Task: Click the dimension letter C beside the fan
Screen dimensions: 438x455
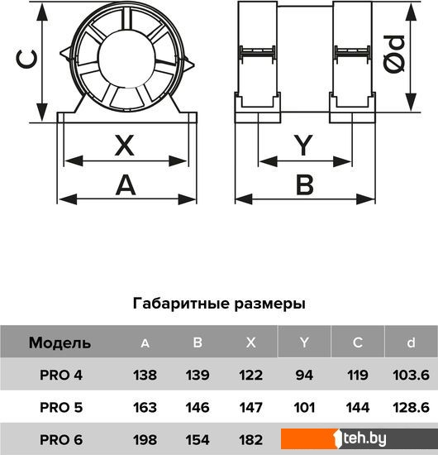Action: (x=26, y=60)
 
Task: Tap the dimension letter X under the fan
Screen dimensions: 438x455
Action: (x=125, y=145)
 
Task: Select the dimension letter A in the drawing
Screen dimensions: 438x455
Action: (x=126, y=184)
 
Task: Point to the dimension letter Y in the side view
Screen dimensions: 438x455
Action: (x=303, y=145)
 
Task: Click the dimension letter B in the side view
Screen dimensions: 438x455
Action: (x=305, y=184)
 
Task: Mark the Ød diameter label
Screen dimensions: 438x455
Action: (x=394, y=54)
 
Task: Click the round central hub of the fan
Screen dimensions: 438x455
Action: (x=126, y=58)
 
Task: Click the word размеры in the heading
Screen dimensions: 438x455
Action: (x=269, y=304)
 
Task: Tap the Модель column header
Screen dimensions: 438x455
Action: (x=60, y=343)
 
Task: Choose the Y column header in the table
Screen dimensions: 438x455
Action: (x=304, y=342)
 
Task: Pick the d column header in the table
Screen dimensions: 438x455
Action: (x=411, y=342)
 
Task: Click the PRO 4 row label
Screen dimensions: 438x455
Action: (x=61, y=375)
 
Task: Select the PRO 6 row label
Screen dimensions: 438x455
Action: (x=61, y=439)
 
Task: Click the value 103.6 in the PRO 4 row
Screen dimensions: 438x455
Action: (x=411, y=375)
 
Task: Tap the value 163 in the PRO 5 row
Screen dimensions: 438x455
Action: (x=145, y=407)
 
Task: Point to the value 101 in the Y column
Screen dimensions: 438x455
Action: (x=304, y=407)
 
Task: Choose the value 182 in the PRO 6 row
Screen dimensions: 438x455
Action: (x=251, y=439)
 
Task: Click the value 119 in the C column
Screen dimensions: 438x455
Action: (x=357, y=375)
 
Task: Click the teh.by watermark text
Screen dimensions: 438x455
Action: (x=364, y=438)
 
